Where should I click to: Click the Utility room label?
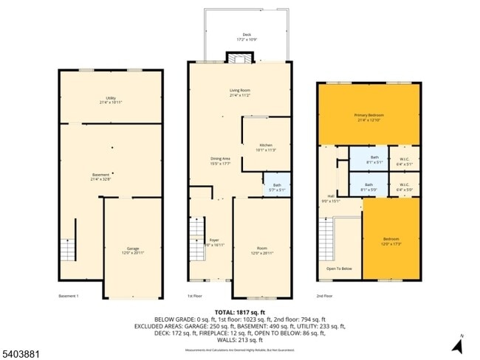coord(110,100)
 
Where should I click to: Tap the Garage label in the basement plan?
coord(133,250)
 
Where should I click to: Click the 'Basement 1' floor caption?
coord(68,297)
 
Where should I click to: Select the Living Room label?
coord(239,92)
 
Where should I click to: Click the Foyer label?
coord(214,242)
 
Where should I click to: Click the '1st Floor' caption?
coord(194,297)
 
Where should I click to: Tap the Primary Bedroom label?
coord(369,117)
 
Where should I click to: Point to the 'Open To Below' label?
coord(339,269)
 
